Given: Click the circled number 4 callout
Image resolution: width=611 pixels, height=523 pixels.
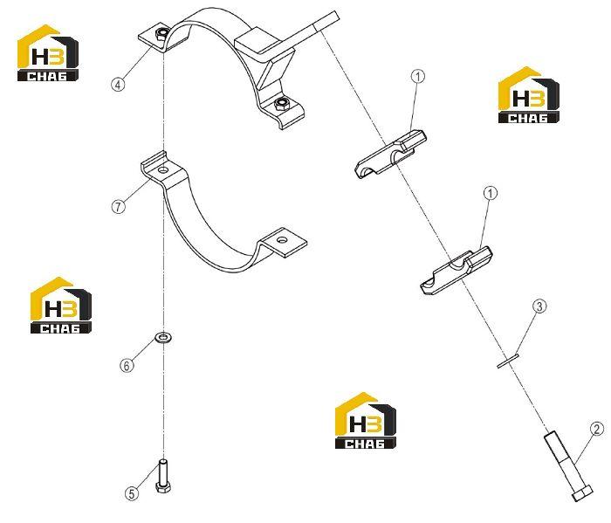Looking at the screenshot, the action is pos(118,84).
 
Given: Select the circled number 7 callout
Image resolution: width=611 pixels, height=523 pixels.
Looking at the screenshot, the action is pos(119,206).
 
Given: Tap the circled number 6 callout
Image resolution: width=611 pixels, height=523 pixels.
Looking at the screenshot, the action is pos(127,366).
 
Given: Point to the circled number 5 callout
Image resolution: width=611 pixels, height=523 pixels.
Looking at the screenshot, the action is pos(132,494).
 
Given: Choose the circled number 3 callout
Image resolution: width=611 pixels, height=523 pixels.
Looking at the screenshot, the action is pos(539,306).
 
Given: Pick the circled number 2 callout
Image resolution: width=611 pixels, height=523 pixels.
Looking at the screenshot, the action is pos(596,429).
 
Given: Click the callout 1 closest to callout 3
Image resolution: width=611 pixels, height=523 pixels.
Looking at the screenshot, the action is pos(491,193).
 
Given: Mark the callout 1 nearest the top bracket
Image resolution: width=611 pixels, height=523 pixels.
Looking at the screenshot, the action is pos(418,76).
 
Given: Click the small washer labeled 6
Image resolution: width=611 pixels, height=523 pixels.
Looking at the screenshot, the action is pos(164,337).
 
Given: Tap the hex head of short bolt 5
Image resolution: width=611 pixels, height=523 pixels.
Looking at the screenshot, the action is pos(163,487).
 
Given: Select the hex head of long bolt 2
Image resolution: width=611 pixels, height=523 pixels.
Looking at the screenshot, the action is pos(582,493).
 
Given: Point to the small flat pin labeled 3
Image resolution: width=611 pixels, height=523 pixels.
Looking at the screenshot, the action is pos(508,360).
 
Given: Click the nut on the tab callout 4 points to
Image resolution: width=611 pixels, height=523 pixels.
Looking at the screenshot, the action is pos(161,34).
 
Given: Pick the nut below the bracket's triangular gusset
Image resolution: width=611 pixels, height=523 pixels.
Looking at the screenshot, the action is pos(281,105).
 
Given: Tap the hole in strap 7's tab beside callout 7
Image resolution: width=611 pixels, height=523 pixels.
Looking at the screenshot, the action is pos(163,170).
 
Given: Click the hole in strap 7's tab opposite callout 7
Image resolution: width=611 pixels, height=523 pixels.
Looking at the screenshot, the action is pos(284,240).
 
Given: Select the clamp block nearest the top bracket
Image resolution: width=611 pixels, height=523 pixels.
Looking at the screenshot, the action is pos(390,154).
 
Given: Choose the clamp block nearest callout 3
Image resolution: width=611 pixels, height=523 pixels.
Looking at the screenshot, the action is pos(457,270).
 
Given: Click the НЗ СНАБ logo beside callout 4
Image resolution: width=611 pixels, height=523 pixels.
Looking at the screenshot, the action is pos(48,53).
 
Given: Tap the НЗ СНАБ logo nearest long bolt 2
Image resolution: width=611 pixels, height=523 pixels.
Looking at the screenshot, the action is pos(366,420).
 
